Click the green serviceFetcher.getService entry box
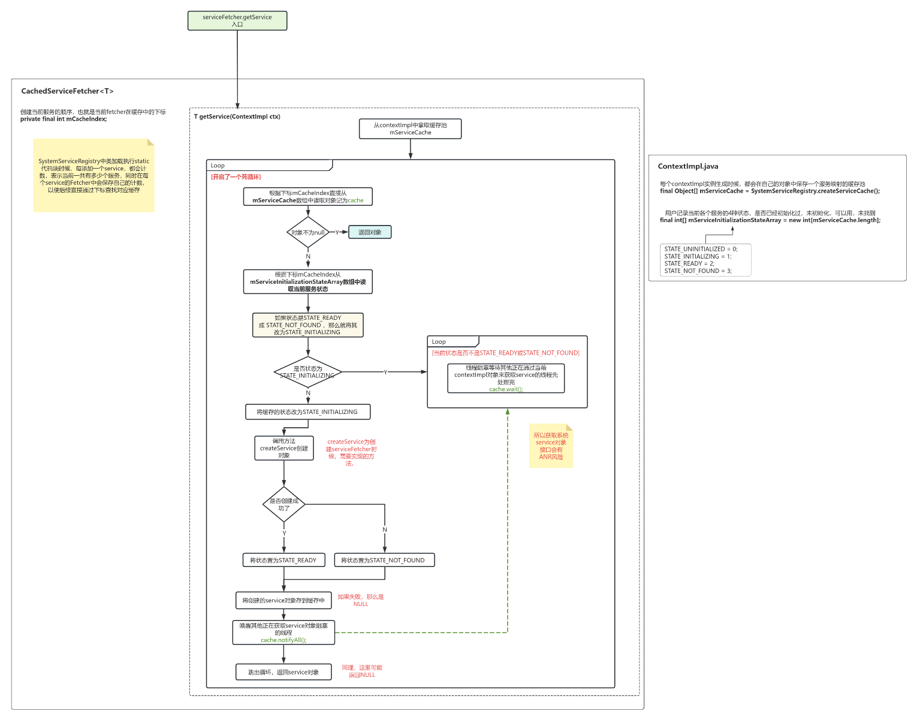pyautogui.click(x=237, y=20)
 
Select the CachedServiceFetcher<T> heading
pyautogui.click(x=67, y=91)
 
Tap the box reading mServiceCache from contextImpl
pyautogui.click(x=410, y=129)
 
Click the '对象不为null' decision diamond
pyautogui.click(x=307, y=232)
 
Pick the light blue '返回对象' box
pyautogui.click(x=370, y=232)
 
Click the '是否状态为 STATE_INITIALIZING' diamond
pyautogui.click(x=307, y=372)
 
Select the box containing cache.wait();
pyautogui.click(x=506, y=379)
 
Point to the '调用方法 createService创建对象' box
pyautogui.click(x=284, y=448)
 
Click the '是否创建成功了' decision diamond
pyautogui.click(x=284, y=505)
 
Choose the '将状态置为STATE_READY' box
pyautogui.click(x=283, y=560)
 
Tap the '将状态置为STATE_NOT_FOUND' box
pyautogui.click(x=384, y=560)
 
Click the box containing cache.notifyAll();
pyautogui.click(x=283, y=632)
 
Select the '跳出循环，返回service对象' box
pyautogui.click(x=283, y=672)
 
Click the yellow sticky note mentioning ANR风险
pyautogui.click(x=551, y=446)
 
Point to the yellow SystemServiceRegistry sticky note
pyautogui.click(x=93, y=175)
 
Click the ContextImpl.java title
pyautogui.click(x=687, y=167)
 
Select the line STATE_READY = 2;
pyautogui.click(x=689, y=263)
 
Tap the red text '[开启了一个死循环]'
pyautogui.click(x=236, y=177)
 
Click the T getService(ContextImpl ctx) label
pyautogui.click(x=237, y=116)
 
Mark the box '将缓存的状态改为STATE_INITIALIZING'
pyautogui.click(x=307, y=412)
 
